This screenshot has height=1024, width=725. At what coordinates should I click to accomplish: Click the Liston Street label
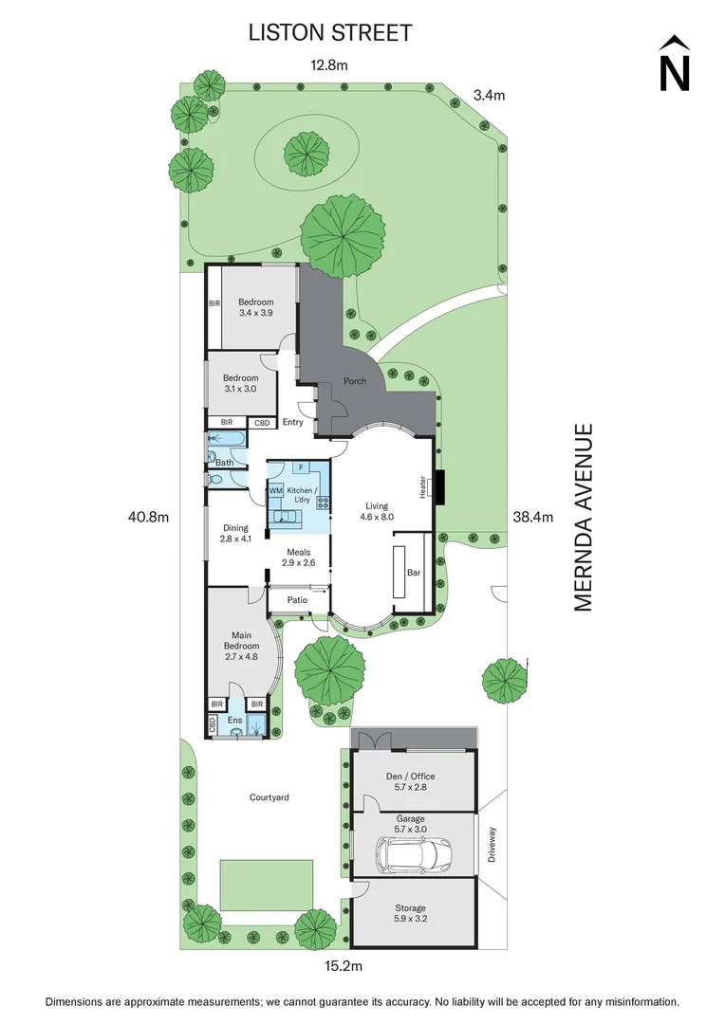(x=330, y=33)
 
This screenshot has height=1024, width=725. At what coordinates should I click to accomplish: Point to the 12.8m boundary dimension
(x=329, y=65)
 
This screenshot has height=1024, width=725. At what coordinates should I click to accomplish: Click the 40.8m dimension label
(x=149, y=518)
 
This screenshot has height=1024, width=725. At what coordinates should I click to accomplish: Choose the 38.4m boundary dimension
(x=532, y=518)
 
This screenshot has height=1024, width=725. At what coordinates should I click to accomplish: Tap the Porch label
(x=355, y=381)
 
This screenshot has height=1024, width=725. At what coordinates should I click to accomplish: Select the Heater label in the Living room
(x=423, y=485)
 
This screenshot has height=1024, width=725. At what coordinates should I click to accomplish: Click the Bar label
(x=413, y=573)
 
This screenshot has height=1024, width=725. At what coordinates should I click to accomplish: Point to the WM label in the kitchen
(x=275, y=490)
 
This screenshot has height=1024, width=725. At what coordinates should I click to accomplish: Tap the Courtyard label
(x=269, y=797)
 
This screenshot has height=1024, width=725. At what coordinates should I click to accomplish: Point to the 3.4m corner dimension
(x=489, y=94)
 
